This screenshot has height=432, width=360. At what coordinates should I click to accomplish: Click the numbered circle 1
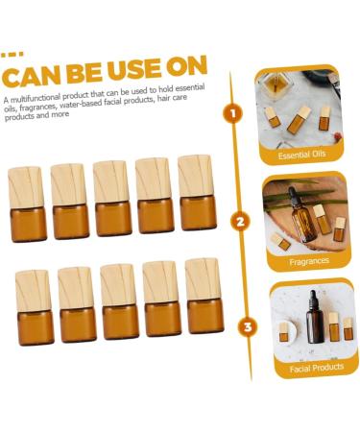pyautogui.click(x=233, y=113)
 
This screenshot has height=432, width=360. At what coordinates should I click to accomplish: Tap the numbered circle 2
pyautogui.click(x=240, y=222)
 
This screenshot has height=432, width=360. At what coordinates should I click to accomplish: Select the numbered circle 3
pyautogui.click(x=248, y=326)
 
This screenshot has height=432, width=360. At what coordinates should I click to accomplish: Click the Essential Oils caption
pyautogui.click(x=301, y=155)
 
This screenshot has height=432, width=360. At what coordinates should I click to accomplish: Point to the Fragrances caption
pyautogui.click(x=309, y=262)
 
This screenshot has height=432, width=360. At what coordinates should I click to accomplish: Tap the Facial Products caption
pyautogui.click(x=317, y=368)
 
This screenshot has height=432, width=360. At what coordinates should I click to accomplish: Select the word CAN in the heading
pyautogui.click(x=31, y=77)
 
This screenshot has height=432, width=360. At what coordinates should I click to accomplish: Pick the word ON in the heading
pyautogui.click(x=187, y=65)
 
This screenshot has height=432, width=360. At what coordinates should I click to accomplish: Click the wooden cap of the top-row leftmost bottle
pyautogui.click(x=26, y=187)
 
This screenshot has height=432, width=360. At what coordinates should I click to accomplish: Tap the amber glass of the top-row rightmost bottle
pyautogui.click(x=198, y=213)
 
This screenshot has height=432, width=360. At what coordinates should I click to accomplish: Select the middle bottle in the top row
pyautogui.click(x=112, y=199)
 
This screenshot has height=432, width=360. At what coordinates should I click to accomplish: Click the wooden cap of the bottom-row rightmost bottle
pyautogui.click(x=203, y=278)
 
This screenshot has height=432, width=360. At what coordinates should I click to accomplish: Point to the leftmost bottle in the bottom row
pyautogui.click(x=35, y=308)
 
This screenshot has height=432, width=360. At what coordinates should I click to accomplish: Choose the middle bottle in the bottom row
pyautogui.click(x=119, y=301)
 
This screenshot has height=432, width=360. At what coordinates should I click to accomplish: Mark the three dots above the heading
pyautogui.click(x=12, y=55)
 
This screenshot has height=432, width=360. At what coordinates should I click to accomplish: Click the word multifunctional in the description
pyautogui.click(x=35, y=98)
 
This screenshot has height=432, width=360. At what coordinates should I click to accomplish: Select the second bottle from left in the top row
pyautogui.click(x=69, y=202)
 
